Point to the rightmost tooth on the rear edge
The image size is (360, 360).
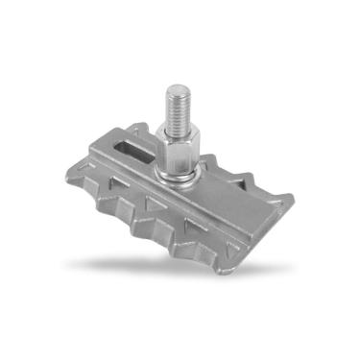point(256,180)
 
